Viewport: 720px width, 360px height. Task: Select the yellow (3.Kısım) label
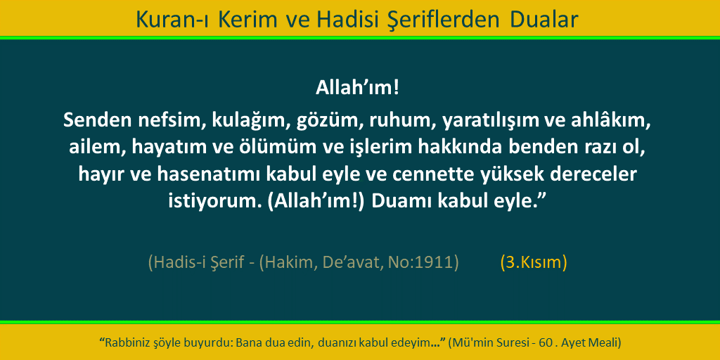534,262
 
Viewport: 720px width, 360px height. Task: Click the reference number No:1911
423,262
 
